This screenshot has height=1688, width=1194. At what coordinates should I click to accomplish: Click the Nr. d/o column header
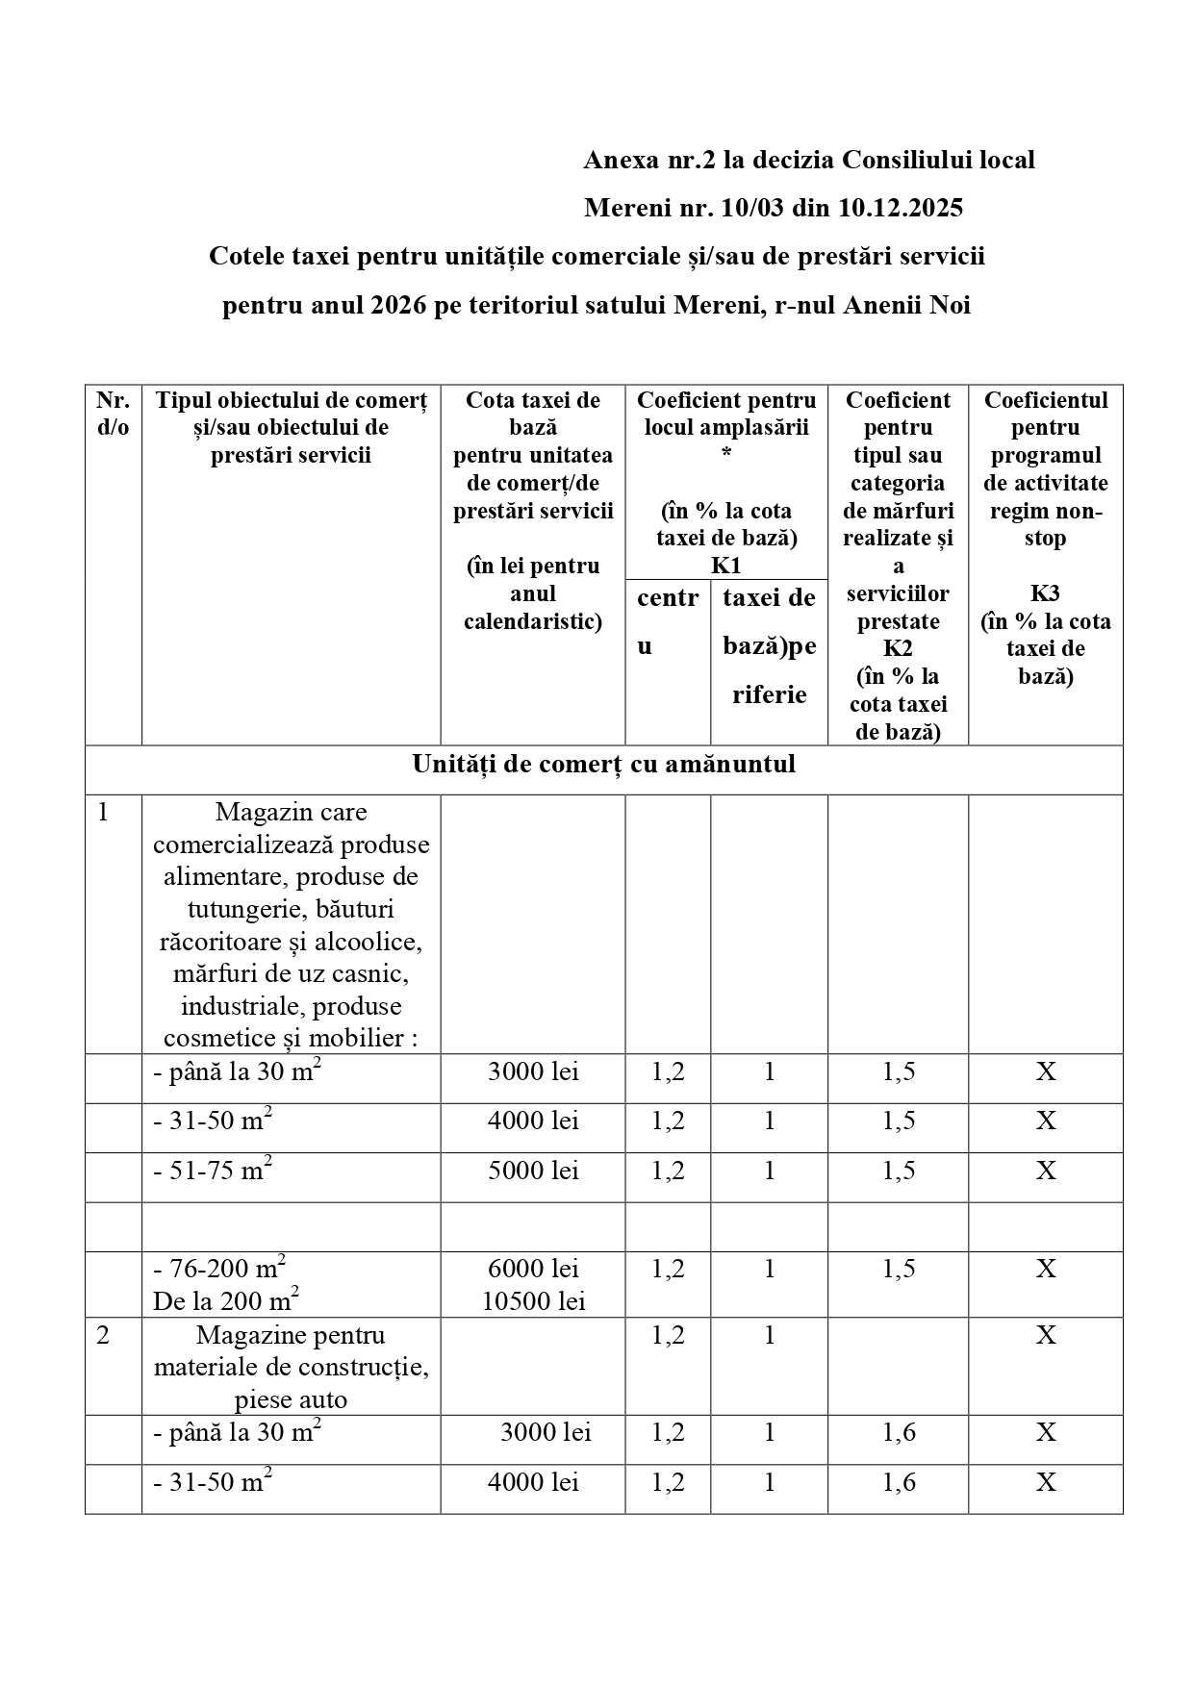click(113, 414)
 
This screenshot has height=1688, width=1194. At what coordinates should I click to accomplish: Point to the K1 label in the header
click(726, 566)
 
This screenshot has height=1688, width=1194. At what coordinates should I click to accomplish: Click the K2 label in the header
click(898, 648)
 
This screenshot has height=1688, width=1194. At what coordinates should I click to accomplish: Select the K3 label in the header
click(1045, 593)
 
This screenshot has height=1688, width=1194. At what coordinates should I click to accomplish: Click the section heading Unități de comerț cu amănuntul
click(603, 765)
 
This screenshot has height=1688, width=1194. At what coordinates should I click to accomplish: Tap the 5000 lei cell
click(533, 1171)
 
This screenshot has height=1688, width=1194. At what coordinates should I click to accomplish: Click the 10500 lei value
click(533, 1301)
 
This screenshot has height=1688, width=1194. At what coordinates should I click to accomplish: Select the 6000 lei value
click(533, 1269)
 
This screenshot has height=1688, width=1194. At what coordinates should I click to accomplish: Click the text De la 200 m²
click(225, 1300)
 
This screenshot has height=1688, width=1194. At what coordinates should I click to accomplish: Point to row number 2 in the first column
click(103, 1335)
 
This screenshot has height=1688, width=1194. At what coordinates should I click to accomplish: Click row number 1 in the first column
click(103, 812)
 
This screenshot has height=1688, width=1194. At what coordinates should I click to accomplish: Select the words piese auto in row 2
click(291, 1399)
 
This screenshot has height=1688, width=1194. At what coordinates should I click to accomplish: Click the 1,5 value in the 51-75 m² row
click(898, 1171)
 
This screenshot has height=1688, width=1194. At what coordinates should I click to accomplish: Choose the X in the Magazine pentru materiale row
click(1046, 1335)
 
